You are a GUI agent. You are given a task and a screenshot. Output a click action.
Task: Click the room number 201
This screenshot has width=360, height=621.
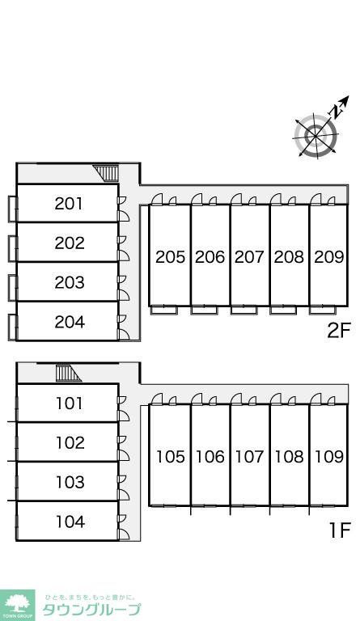click(x=69, y=204)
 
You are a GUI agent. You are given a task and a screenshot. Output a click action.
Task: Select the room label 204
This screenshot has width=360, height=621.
click(x=70, y=322)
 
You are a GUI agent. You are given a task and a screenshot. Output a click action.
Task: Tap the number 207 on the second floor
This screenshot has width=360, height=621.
click(x=249, y=257)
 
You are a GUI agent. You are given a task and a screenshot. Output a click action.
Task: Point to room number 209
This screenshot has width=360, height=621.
click(x=328, y=257)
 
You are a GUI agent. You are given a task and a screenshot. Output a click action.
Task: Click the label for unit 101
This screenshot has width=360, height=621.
click(x=70, y=403)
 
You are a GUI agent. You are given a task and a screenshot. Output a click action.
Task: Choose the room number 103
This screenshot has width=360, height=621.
click(x=70, y=483)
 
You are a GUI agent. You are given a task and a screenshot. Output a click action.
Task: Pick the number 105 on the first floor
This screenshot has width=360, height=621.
click(x=171, y=457)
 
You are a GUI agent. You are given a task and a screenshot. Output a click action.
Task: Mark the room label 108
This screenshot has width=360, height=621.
click(x=289, y=457)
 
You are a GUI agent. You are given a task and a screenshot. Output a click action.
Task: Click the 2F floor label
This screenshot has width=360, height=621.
click(x=339, y=331)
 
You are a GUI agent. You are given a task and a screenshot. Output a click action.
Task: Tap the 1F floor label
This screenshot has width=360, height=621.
click(x=341, y=530)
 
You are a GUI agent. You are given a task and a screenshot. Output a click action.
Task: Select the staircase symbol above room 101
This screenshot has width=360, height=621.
click(x=67, y=373)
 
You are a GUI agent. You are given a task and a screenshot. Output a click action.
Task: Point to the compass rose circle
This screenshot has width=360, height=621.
click(x=316, y=136)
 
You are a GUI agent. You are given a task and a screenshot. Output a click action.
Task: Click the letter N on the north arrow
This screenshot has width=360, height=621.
click(x=337, y=112)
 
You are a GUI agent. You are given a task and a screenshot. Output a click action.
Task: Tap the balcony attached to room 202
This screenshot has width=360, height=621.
click(x=12, y=249)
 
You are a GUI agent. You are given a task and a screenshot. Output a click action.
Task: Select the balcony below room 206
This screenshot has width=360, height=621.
click(x=204, y=310)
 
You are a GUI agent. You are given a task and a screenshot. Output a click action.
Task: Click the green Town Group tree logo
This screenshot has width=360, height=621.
click(x=17, y=605)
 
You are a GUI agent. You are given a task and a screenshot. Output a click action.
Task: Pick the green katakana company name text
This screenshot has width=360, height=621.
click(x=91, y=610)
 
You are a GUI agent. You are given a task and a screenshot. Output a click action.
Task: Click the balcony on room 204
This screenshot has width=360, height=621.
click(x=12, y=327)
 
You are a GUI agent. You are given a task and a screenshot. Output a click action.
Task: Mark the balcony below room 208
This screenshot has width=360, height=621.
click(x=283, y=310)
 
